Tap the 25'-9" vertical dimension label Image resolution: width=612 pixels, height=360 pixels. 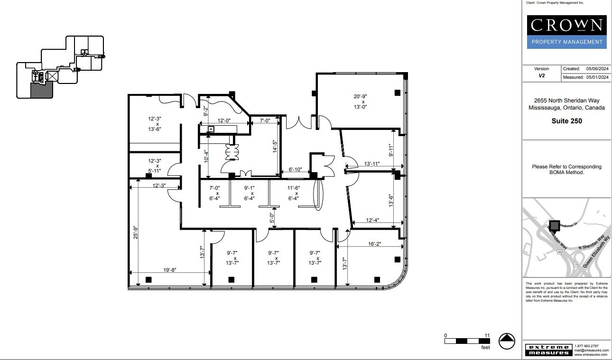pos(136,232)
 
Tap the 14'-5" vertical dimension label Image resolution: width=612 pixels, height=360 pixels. pos(274,145)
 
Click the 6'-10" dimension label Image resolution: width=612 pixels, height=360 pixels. pos(296,169)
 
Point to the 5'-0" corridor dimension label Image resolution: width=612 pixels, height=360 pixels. pos(272,218)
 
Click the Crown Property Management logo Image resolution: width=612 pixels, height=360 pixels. pos(566,32)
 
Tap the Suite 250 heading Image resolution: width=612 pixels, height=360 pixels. pos(566,121)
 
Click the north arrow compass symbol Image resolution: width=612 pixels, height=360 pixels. pos(507,341)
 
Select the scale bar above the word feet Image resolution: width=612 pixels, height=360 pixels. pos(467,341)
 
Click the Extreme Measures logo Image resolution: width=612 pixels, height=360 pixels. pos(547,350)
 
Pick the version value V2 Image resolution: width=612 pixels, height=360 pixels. pos(541,75)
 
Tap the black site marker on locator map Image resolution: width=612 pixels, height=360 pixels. pos(554,225)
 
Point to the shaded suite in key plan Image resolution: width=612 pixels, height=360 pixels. pos(41,90)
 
